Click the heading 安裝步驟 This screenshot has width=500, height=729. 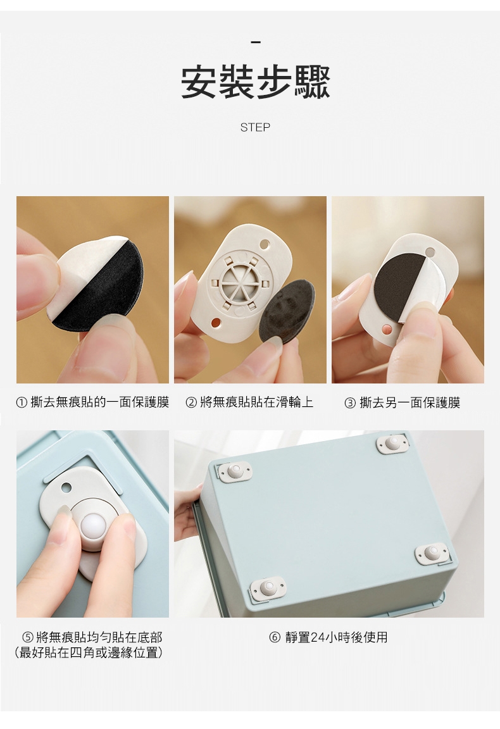pos(255,83)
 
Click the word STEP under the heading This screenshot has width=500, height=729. pos(255,127)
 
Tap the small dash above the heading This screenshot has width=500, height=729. pos(255,43)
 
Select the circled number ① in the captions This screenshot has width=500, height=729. pos(22,402)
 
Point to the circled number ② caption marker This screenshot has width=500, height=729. pos(191,402)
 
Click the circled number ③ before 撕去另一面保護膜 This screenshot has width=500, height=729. pos(350,403)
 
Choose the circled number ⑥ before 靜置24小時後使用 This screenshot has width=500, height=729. pos(275,637)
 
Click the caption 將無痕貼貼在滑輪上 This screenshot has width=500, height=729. pos(257,402)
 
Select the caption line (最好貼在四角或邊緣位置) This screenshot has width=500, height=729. pos(89,653)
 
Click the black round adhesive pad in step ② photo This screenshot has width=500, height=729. pos(286,310)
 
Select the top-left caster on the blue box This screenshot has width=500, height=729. pos(235,471)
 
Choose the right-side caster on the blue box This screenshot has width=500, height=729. pos(432,553)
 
